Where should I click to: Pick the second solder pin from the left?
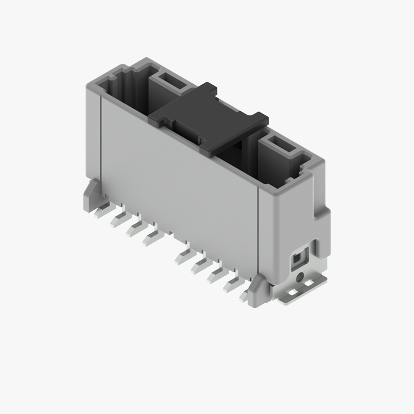118,220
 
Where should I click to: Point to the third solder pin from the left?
134,229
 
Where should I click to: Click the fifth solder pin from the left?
183,256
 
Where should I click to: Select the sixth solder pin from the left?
199,266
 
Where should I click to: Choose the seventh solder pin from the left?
215,275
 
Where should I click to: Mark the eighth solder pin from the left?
231,284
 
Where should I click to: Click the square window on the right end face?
298,259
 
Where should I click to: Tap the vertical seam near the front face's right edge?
258,235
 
